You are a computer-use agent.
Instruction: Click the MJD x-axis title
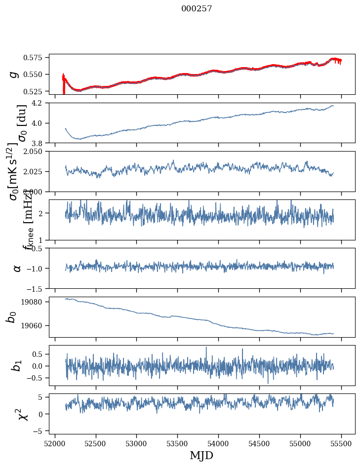pos(201,455)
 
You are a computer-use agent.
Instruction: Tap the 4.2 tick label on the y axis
pos(40,103)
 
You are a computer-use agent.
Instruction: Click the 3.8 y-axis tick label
pos(40,143)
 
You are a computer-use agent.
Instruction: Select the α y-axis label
pos(18,268)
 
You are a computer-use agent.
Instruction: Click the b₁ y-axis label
pos(18,366)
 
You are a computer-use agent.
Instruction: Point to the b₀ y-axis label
pos(11,316)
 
